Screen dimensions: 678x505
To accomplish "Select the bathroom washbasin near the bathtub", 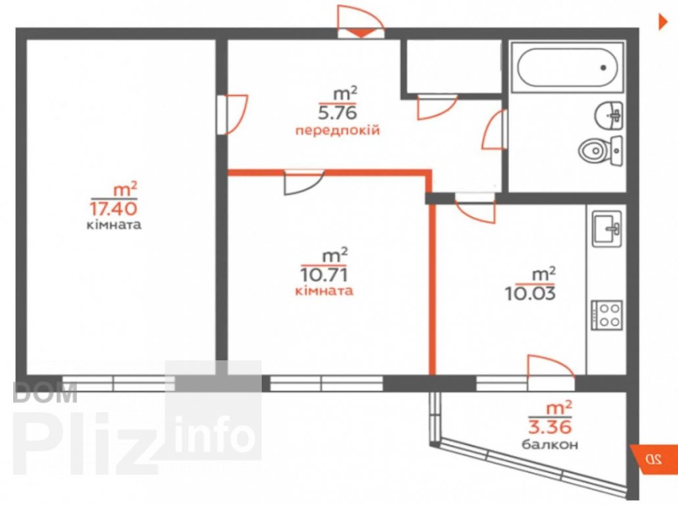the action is [609, 116].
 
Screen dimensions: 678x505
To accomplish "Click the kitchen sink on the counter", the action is [607, 229].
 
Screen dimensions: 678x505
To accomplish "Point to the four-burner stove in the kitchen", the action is [607, 315].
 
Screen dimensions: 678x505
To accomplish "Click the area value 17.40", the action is [113, 209].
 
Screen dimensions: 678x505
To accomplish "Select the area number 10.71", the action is [324, 274].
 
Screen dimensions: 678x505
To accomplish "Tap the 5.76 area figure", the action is [337, 113].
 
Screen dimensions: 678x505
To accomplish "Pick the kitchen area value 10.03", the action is [530, 293].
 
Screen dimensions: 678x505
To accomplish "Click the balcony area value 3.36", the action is [550, 427].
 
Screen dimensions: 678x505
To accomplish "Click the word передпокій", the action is [337, 130].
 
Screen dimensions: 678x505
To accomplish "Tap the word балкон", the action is [550, 444].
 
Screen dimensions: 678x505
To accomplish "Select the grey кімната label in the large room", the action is [114, 226].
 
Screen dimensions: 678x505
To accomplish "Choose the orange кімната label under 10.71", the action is [324, 290].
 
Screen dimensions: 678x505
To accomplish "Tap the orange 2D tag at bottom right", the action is [654, 458].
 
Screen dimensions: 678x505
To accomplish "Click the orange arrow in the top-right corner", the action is [663, 22].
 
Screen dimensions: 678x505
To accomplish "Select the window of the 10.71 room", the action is [326, 383].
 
